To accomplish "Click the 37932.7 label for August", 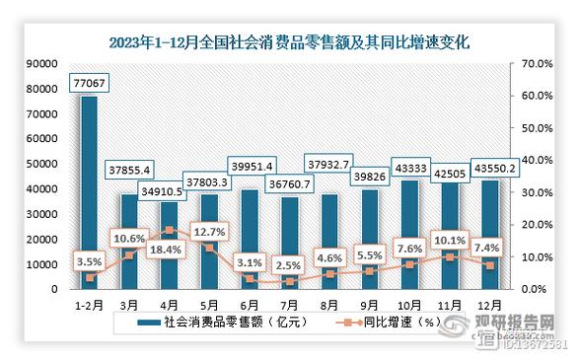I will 330,164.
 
